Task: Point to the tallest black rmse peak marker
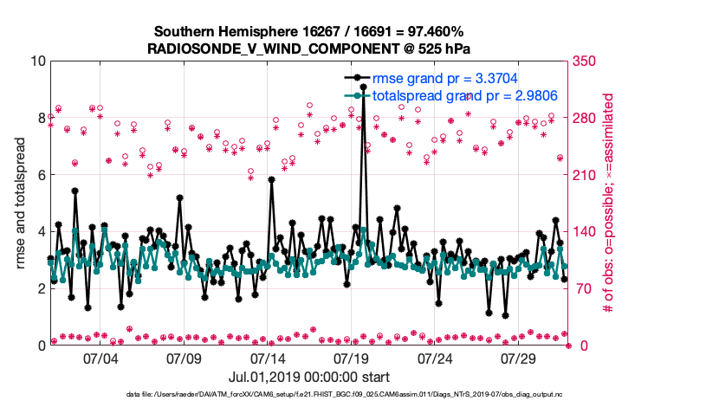tap(364, 87)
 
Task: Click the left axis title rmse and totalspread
tap(19, 203)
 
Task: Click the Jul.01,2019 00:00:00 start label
tap(308, 377)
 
